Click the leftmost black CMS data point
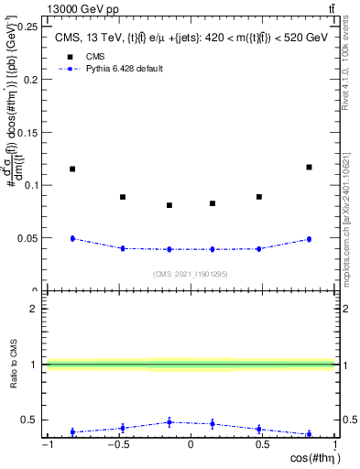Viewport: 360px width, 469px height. point(72,169)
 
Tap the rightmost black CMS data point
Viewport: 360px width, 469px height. point(309,167)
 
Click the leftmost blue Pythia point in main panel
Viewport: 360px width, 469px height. point(72,238)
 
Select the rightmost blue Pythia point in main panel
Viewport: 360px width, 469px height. point(309,239)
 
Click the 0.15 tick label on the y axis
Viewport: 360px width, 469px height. point(28,132)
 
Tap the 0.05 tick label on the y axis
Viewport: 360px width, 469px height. point(28,238)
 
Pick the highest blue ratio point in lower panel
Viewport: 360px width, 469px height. point(169,422)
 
